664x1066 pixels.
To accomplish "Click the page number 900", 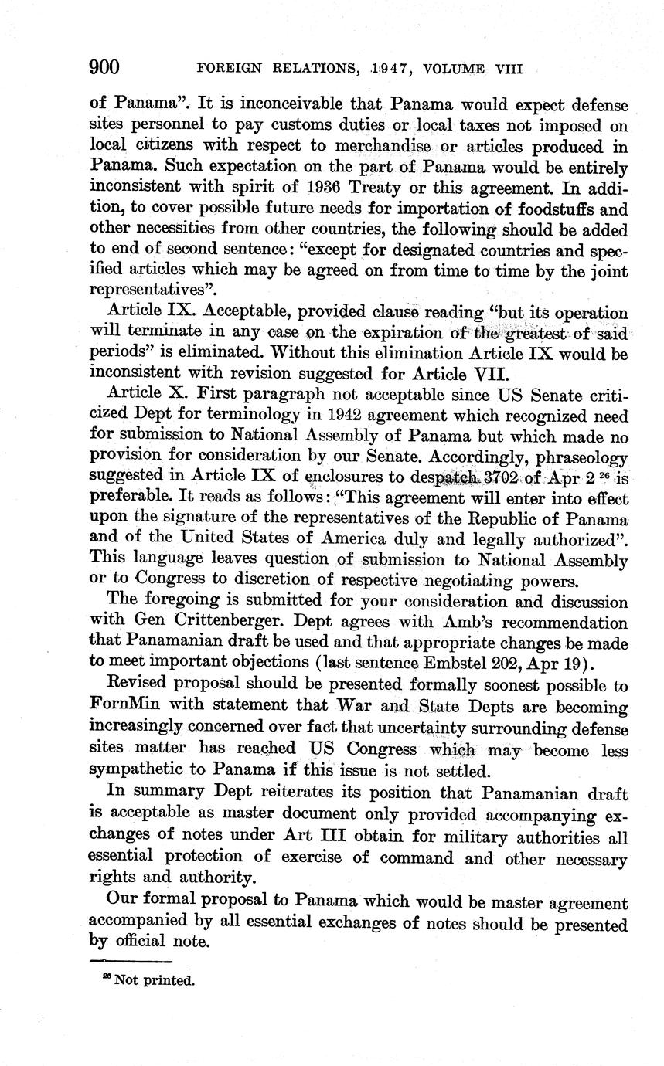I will (x=104, y=67).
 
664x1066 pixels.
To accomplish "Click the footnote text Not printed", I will (x=154, y=981).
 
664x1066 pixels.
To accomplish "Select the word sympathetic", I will (x=138, y=770).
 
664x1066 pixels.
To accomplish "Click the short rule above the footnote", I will (x=131, y=961).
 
